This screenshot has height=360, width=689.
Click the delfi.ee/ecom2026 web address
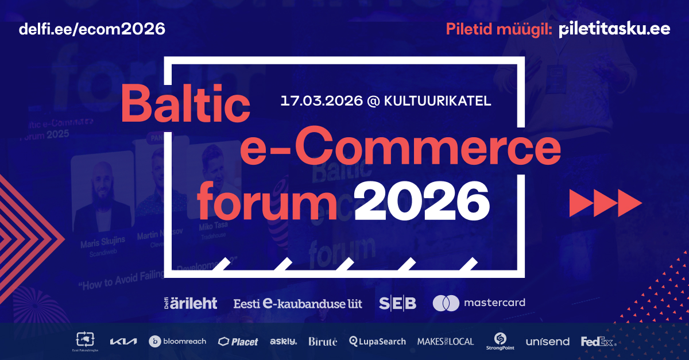click(92, 28)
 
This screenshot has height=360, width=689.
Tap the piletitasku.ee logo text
click(614, 29)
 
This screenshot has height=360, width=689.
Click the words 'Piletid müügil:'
click(500, 29)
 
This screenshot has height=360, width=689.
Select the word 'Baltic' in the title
click(185, 103)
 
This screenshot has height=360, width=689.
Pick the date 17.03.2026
click(322, 101)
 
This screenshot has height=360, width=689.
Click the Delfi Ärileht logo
click(191, 303)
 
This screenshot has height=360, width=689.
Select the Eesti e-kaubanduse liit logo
click(297, 303)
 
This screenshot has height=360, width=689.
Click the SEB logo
click(397, 303)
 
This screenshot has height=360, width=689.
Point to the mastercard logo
click(478, 303)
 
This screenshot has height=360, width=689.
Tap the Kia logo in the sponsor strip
click(123, 342)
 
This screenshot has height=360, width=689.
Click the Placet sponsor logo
click(238, 342)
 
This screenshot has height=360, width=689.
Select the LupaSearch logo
click(377, 342)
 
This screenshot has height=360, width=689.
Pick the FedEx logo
click(597, 342)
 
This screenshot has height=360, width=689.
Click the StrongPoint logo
click(500, 341)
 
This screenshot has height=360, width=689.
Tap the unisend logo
click(547, 342)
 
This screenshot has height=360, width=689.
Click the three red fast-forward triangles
click(605, 202)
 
